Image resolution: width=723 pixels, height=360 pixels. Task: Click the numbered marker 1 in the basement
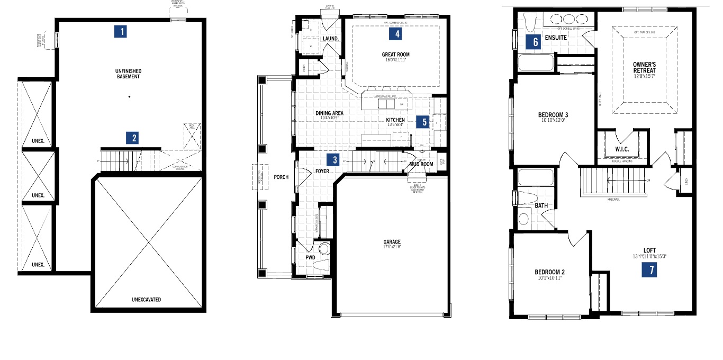tap(122, 32)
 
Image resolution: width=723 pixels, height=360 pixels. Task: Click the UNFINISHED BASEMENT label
tap(128, 74)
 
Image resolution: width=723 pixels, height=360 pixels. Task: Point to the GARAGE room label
tap(392, 242)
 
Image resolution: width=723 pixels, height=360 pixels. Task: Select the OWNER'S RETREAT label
tap(644, 67)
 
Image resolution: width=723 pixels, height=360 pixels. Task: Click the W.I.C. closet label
tap(622, 149)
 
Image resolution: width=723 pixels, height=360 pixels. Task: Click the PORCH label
tap(282, 177)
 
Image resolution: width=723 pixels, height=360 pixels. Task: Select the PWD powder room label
tap(310, 258)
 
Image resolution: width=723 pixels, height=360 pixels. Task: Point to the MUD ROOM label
tap(421, 164)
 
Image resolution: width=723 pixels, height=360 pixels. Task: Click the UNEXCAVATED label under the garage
tap(146, 300)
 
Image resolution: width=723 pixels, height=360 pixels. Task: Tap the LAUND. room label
tap(331, 39)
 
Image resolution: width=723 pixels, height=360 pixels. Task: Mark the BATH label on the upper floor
tap(541, 205)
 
